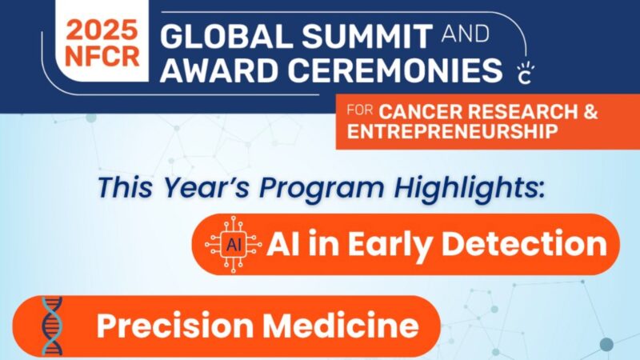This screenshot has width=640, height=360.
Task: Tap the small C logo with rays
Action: click(526, 74)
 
